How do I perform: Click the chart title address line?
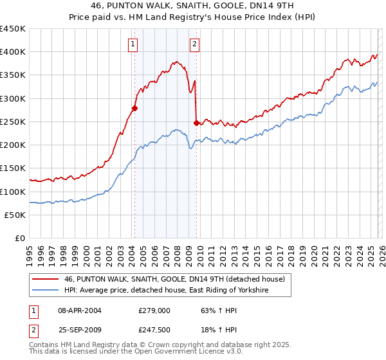[193, 6]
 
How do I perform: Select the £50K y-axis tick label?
[15, 215]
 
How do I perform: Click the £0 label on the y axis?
[21, 238]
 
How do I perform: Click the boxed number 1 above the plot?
[133, 44]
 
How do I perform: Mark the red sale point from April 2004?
[134, 108]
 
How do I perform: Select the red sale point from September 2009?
[196, 123]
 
